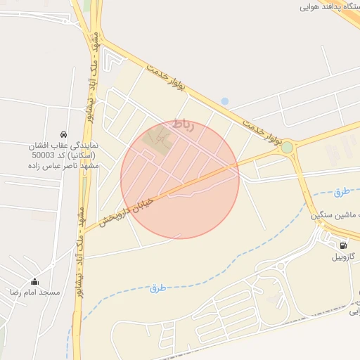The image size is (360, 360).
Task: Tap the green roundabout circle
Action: (287, 147)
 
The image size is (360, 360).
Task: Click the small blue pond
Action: (224, 101)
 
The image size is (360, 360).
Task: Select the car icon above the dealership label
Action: (64, 134)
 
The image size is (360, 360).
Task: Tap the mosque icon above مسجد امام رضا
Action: (34, 281)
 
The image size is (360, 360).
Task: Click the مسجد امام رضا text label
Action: (34, 291)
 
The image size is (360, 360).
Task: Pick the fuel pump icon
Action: (343, 245)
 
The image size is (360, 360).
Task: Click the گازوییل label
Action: (344, 257)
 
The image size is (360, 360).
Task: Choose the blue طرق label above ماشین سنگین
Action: (341, 191)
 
